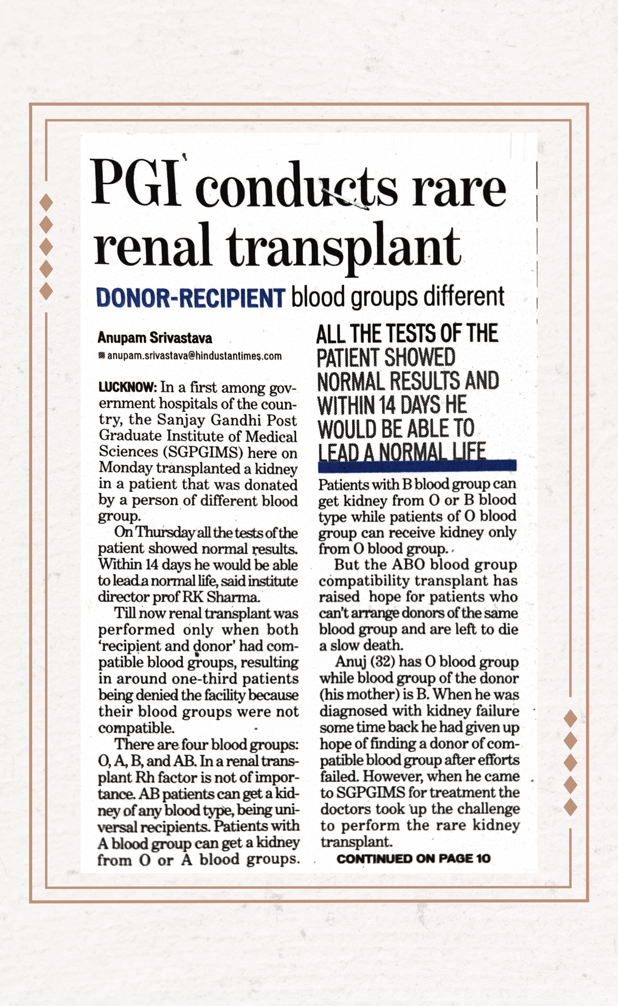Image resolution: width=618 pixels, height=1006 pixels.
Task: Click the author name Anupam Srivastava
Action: (x=154, y=338)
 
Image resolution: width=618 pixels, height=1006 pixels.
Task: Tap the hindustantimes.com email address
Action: (x=194, y=356)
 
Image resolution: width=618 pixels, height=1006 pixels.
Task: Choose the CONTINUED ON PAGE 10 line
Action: (x=413, y=858)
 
